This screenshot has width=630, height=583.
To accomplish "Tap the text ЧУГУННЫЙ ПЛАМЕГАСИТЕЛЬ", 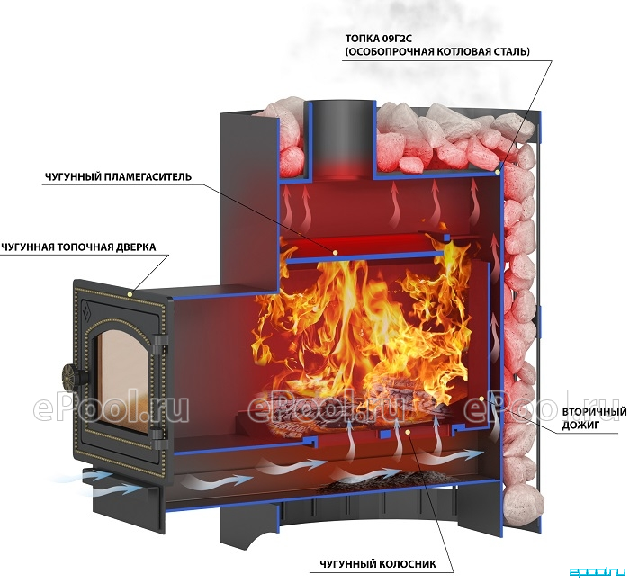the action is (118, 176).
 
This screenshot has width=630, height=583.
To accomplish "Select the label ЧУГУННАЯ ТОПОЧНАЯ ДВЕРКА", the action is (78, 247).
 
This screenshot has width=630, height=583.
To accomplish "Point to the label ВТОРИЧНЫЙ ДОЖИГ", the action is (594, 418).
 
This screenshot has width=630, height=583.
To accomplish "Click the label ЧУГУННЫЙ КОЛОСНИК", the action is (378, 564).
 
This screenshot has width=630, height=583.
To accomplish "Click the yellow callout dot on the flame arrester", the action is (334, 252).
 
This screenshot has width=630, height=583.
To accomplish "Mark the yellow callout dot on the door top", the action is (130, 294).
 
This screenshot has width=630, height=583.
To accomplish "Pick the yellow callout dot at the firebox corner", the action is (498, 172).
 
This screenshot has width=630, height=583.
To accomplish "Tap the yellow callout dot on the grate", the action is (408, 431).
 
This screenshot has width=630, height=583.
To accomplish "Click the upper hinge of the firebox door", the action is (159, 343).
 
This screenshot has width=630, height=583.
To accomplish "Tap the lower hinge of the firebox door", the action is (158, 436).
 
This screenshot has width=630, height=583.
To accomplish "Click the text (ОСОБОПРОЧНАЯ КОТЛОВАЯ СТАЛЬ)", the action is (437, 51).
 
